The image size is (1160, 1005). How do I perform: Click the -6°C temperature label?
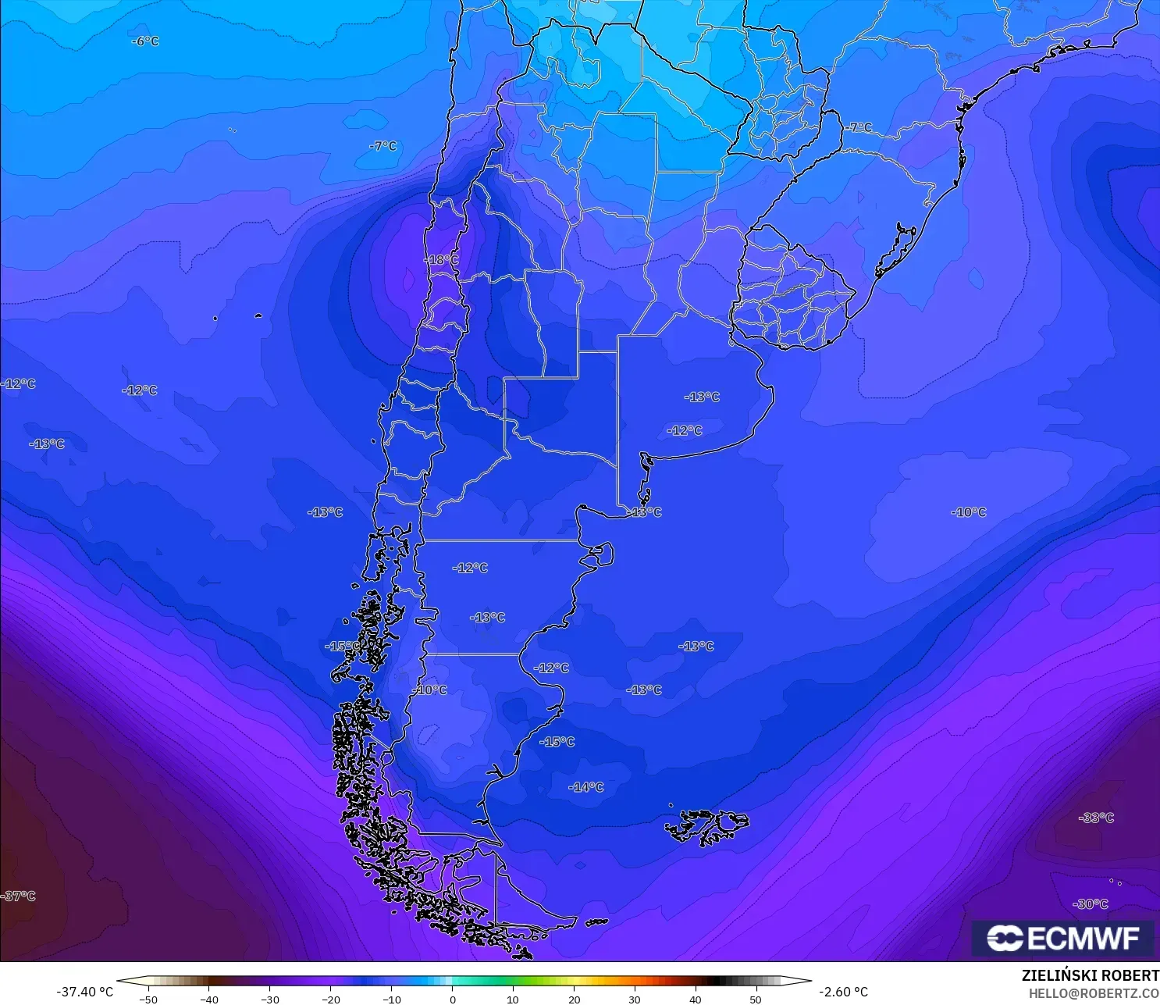(146, 41)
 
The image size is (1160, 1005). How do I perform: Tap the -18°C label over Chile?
(442, 260)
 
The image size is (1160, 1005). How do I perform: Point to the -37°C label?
(19, 896)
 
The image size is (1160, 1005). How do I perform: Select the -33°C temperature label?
(1097, 818)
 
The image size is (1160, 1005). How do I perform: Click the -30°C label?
(1091, 904)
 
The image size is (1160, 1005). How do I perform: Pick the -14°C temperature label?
(586, 787)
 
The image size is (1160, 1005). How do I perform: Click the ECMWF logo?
(1062, 938)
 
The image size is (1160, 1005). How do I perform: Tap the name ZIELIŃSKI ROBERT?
(1090, 975)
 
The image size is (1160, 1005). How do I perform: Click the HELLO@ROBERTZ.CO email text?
(1093, 993)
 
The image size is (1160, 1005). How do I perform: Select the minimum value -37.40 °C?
(84, 992)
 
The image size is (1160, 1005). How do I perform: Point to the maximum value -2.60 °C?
(843, 992)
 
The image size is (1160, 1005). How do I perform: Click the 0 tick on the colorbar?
(453, 999)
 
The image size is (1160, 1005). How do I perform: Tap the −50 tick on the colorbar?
(148, 999)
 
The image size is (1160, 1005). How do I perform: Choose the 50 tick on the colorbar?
(756, 999)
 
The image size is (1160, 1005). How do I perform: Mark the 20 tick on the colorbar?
(575, 999)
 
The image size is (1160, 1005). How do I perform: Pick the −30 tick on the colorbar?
(269, 999)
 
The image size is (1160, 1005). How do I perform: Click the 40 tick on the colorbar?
(695, 999)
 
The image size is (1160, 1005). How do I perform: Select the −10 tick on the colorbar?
(391, 999)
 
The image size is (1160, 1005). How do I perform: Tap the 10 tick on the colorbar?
(513, 999)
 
